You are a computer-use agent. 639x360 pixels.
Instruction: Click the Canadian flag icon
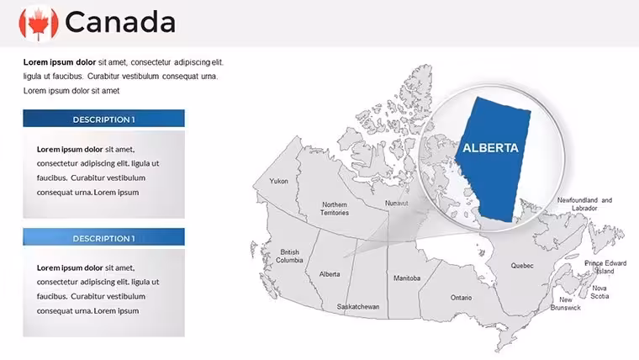[39, 23]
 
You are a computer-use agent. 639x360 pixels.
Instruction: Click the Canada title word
[120, 22]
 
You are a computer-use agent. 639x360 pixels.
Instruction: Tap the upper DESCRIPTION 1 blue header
[103, 119]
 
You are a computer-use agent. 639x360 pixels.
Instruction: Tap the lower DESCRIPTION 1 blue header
[103, 237]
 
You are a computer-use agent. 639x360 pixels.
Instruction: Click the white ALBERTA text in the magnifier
[490, 147]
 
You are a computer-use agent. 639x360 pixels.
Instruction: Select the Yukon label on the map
[279, 181]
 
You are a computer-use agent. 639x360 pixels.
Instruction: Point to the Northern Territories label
[335, 209]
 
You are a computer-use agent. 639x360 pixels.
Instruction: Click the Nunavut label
[397, 203]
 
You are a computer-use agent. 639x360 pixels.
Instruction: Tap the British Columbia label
[289, 256]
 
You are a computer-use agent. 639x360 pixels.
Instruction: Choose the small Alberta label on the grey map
[330, 274]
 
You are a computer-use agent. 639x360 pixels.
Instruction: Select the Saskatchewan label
[358, 307]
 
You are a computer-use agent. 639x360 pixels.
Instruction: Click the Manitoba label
[407, 278]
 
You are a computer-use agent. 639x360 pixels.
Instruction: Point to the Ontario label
[462, 298]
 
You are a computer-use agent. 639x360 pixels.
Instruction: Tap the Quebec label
[522, 266]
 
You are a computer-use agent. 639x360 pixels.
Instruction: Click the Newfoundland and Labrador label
[584, 204]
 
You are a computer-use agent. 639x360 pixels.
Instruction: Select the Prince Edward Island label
[605, 267]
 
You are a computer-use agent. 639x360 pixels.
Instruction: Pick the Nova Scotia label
[599, 292]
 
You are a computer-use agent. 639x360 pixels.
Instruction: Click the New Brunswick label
[566, 304]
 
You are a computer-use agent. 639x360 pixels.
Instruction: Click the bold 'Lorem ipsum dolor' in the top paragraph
[60, 62]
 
